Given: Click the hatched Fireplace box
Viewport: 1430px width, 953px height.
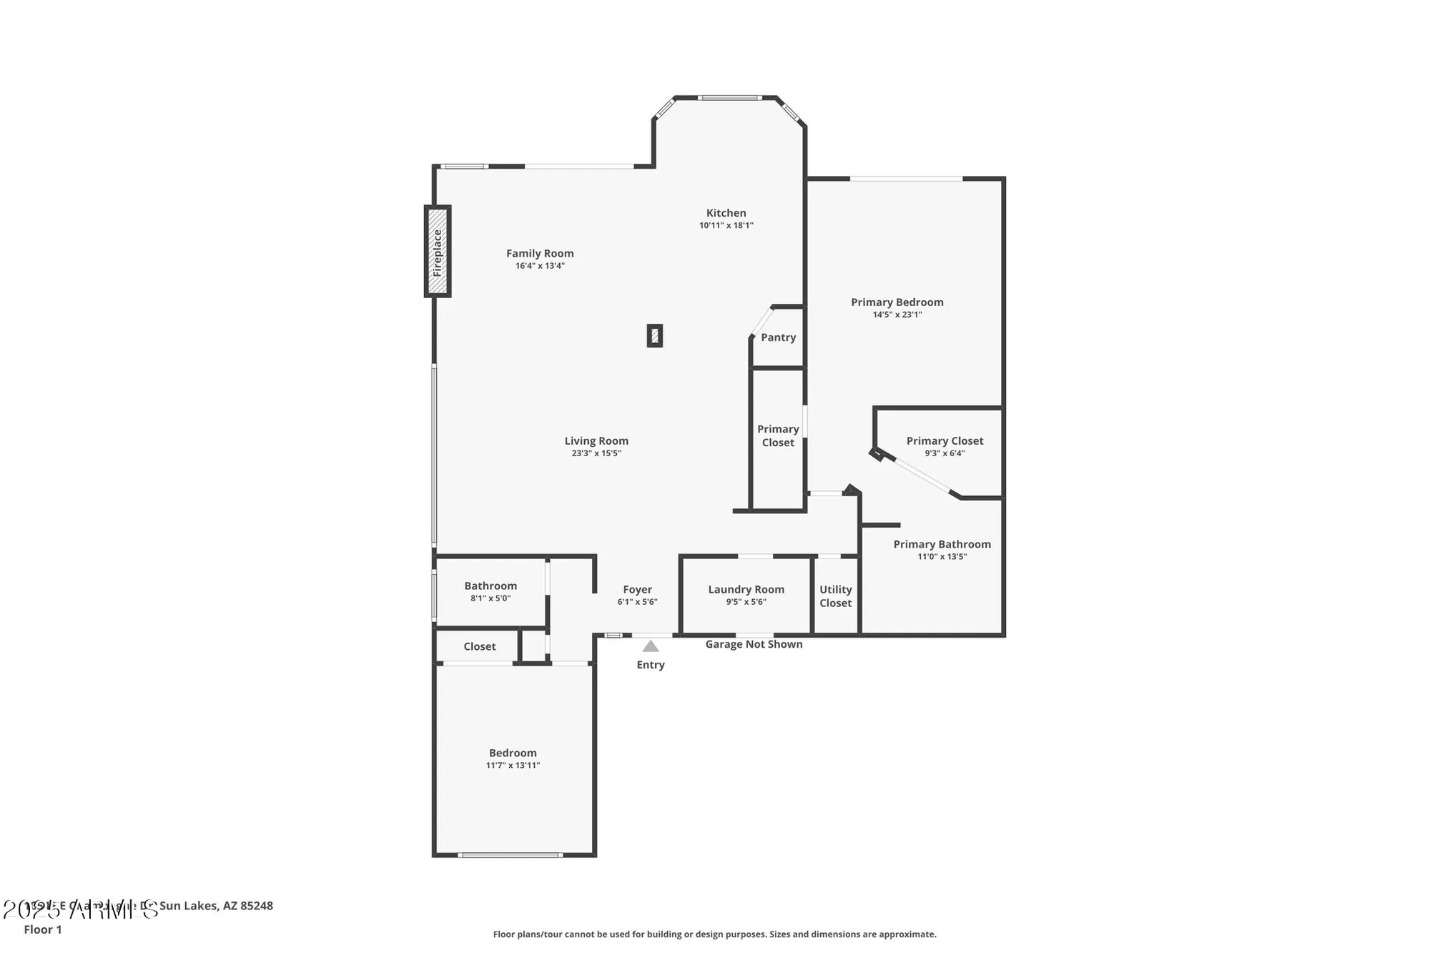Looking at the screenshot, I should point(437,252).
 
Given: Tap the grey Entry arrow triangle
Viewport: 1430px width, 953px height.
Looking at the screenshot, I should point(650,646).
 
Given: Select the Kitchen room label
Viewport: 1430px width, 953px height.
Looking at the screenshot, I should point(726,213).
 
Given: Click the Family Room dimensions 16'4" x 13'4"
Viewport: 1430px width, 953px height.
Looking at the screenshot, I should point(540,266).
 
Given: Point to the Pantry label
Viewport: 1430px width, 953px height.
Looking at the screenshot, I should point(778,337).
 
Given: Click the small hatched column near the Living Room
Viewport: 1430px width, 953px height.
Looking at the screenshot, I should point(654,336).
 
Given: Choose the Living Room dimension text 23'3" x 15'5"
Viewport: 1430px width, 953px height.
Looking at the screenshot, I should point(596,453).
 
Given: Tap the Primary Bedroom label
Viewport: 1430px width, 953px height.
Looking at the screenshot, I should point(897,302).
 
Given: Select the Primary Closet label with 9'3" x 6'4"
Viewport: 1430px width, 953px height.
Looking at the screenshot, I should point(945,441).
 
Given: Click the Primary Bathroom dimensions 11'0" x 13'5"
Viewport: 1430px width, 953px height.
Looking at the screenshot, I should point(942,557).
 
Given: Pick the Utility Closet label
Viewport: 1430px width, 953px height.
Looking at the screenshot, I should point(835,596).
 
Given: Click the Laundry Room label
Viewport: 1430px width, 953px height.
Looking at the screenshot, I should point(746,590).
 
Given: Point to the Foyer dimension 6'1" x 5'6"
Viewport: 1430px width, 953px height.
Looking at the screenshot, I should point(637,602).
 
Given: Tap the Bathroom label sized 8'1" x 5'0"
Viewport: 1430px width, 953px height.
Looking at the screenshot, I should point(490,586).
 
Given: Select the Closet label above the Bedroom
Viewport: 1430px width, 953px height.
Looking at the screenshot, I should point(479,646).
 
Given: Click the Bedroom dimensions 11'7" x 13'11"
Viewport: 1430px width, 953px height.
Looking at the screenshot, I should point(513,766).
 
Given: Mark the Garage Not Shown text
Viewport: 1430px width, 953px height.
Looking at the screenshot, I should point(754,644).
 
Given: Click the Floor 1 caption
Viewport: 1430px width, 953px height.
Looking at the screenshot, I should point(43,929).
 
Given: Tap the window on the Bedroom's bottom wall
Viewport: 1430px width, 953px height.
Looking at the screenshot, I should point(510,854).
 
